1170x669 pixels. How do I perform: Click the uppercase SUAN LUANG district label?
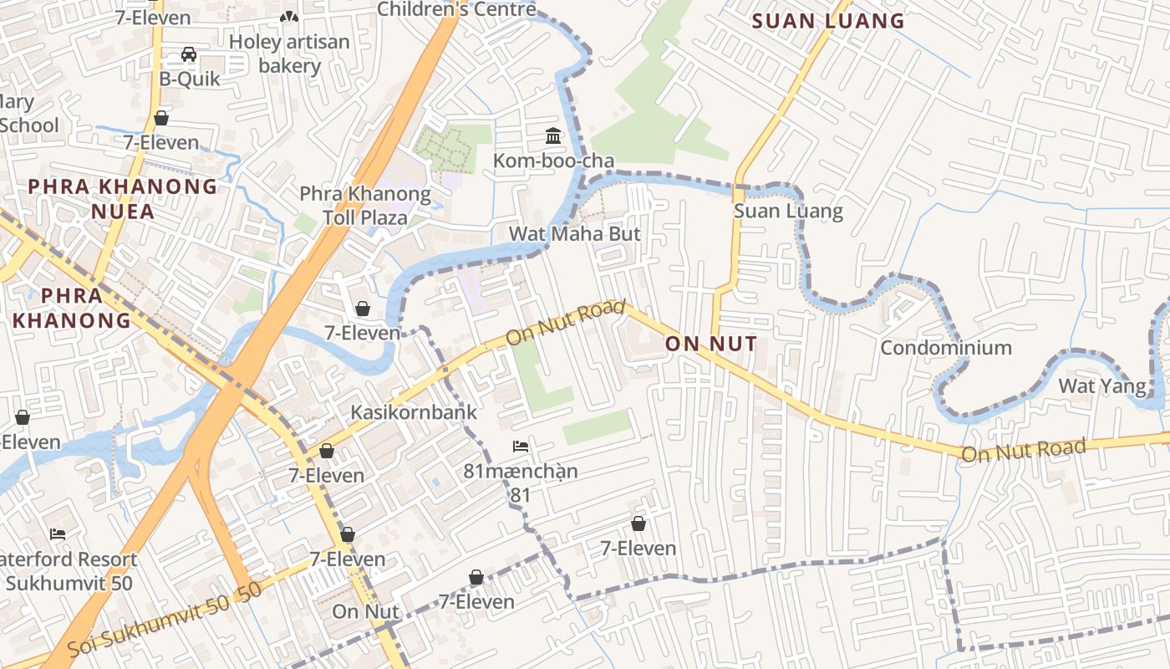(x=828, y=21)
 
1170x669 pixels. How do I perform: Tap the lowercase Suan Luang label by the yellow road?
(x=788, y=211)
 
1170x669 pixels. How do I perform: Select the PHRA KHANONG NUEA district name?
(x=123, y=198)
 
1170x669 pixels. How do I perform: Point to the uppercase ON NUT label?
(x=711, y=344)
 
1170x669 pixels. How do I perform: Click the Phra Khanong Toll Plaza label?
(x=365, y=207)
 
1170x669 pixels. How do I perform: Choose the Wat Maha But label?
(x=575, y=234)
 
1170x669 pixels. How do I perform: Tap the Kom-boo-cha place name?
(x=553, y=161)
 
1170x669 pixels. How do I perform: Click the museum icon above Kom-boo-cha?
(x=553, y=135)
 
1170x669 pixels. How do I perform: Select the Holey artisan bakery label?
(x=289, y=54)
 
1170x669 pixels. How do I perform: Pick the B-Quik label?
(x=190, y=79)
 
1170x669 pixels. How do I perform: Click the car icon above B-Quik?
(x=189, y=54)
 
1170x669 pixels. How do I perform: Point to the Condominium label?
(x=945, y=347)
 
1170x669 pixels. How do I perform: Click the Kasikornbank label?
(x=414, y=412)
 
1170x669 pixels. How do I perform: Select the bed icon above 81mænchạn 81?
(x=521, y=447)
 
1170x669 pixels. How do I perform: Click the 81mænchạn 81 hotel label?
(x=521, y=483)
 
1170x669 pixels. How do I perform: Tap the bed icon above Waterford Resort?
(x=57, y=534)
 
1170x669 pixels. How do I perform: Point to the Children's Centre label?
(x=456, y=9)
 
